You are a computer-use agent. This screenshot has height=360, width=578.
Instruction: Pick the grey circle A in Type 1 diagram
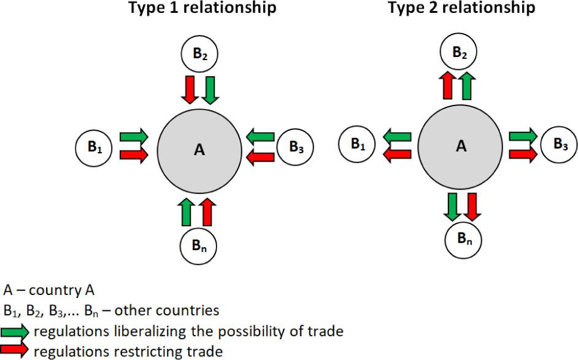point(199,149)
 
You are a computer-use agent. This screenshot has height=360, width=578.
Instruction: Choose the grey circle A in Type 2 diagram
point(461,146)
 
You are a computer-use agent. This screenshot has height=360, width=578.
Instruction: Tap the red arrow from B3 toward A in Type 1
point(260,158)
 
